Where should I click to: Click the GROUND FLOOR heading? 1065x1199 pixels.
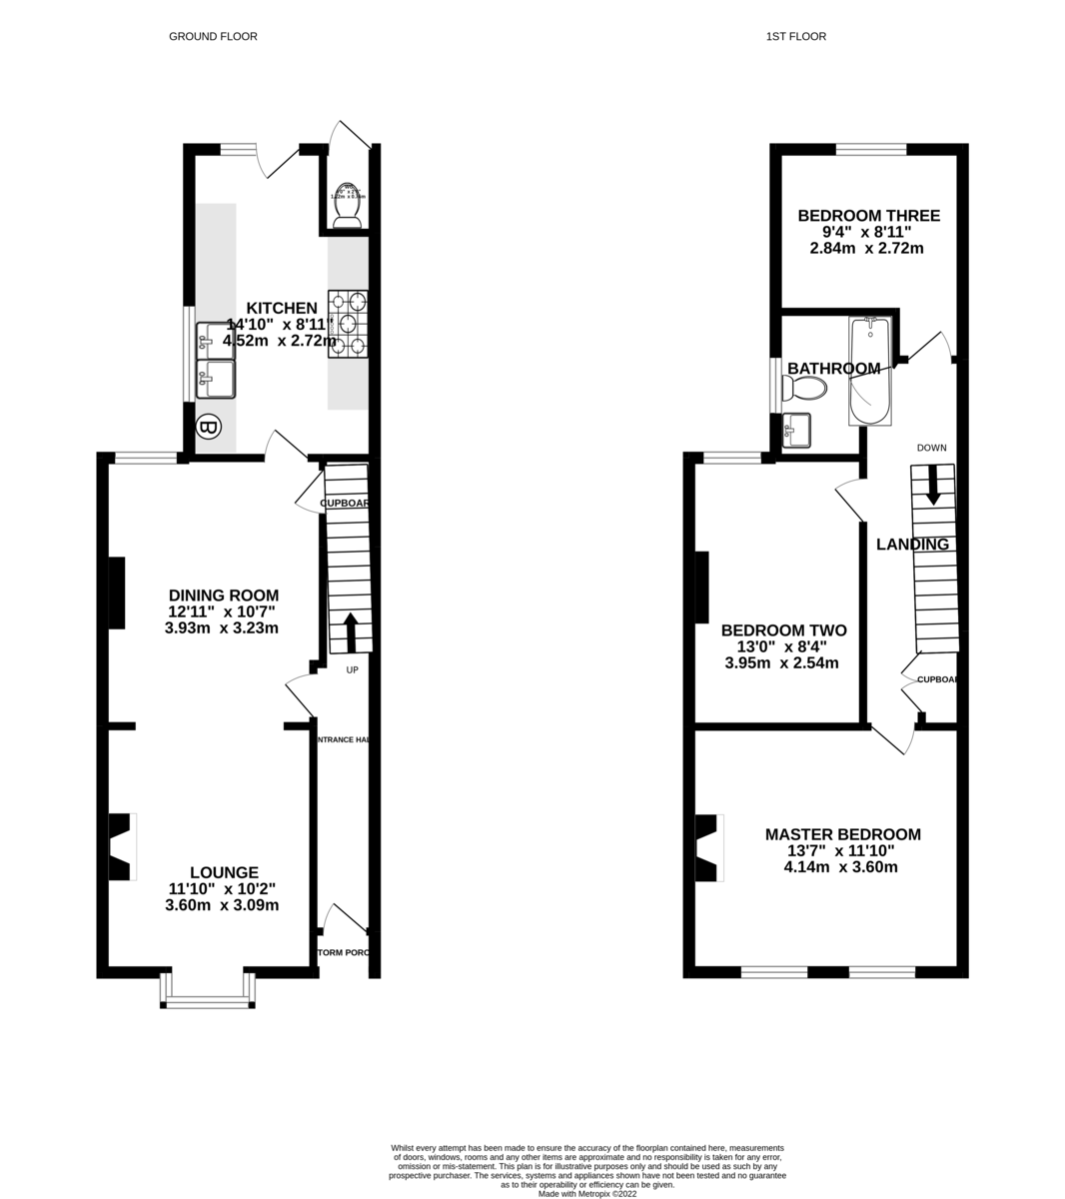(213, 37)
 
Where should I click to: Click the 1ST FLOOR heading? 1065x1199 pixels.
(795, 37)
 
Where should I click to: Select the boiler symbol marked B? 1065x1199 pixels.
(208, 429)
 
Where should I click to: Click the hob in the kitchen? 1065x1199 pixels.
(348, 324)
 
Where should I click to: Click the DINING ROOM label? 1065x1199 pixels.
(223, 596)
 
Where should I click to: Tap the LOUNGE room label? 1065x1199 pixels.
(224, 872)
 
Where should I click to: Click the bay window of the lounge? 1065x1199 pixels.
(208, 992)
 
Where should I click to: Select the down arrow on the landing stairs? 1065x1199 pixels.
(933, 486)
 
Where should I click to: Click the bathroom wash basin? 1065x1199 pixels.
(799, 431)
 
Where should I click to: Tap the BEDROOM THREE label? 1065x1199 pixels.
(868, 216)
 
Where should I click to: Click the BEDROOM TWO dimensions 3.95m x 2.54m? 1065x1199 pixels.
(781, 662)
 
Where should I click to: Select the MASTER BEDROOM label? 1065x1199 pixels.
(842, 834)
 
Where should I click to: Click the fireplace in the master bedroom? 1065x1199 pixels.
(708, 847)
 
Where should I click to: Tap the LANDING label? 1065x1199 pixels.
(911, 545)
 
